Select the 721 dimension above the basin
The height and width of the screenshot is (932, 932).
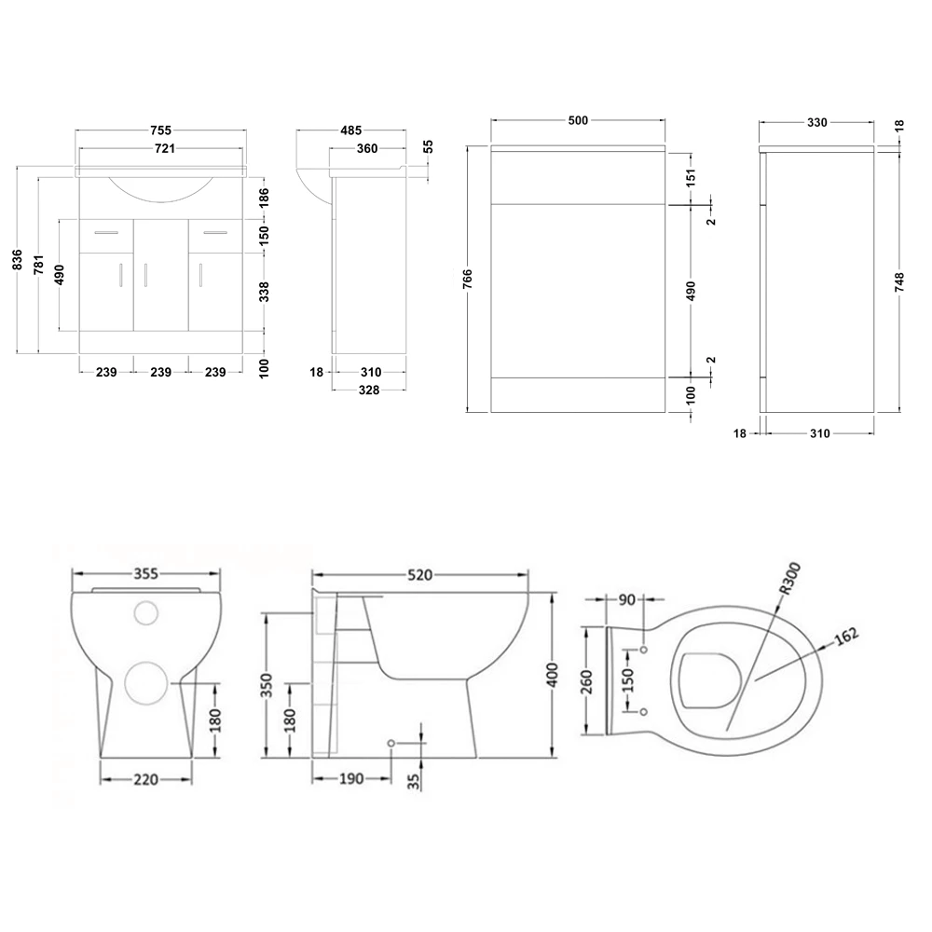coord(161,148)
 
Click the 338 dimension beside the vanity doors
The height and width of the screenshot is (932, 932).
coord(264,292)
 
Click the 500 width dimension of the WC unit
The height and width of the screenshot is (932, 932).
coord(578,121)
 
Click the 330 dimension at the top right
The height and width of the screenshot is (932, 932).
coord(816,122)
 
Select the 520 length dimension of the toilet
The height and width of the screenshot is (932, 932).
coord(419,575)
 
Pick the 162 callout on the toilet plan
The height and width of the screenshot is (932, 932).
coord(844,637)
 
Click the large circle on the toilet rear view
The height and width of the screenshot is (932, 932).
coord(147,684)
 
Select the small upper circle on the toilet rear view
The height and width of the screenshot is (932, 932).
coord(146,612)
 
